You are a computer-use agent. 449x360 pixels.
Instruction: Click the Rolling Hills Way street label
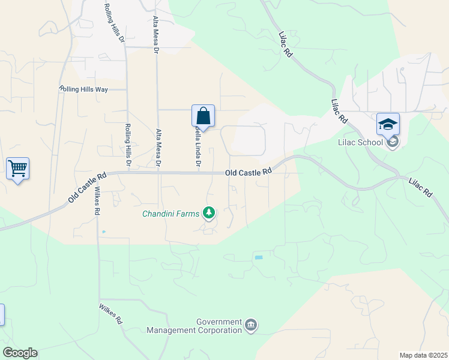coord(83,89)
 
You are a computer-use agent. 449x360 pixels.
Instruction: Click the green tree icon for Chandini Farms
coord(209,213)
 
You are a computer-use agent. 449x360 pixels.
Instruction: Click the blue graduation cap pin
coord(388,125)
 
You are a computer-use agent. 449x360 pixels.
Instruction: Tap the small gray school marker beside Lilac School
coord(393,142)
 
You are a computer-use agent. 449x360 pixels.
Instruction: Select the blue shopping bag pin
coord(203,116)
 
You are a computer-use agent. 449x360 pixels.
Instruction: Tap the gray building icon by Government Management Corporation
coord(251,326)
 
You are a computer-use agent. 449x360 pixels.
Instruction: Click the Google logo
coord(19,353)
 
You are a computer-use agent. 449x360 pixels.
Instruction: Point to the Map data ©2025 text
coord(423,355)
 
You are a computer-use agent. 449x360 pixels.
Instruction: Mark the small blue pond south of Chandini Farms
coord(259,257)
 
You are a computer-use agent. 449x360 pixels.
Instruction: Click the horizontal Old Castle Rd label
coord(249,172)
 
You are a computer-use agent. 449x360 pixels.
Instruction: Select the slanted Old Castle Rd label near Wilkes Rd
coord(87,187)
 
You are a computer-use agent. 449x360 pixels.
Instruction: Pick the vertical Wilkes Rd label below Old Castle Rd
coord(97,201)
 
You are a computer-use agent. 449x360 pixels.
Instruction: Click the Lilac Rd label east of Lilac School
coord(421,188)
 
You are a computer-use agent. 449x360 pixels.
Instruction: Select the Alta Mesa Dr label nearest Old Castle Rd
coord(158,148)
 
